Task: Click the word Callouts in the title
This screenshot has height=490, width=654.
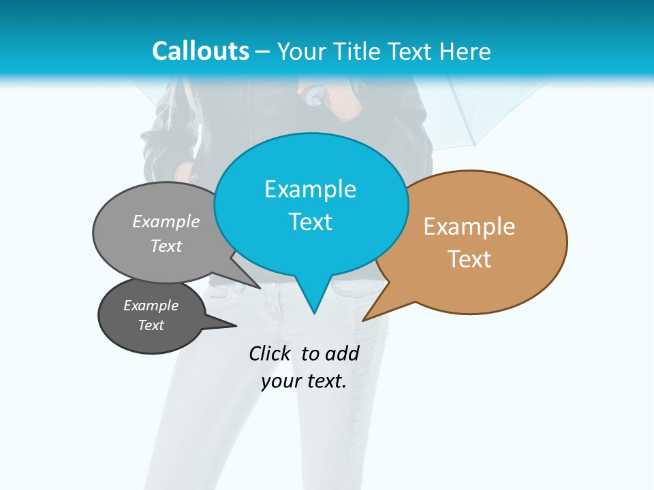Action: click(x=200, y=51)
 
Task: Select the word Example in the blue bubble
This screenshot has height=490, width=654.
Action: click(x=310, y=189)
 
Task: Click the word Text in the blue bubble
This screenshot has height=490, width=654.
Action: click(x=310, y=222)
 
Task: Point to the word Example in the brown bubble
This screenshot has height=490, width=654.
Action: click(x=469, y=227)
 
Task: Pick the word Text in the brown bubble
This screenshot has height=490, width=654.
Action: click(x=469, y=259)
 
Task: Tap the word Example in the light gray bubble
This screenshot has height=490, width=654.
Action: click(x=166, y=221)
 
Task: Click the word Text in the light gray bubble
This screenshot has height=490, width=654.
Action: click(x=166, y=246)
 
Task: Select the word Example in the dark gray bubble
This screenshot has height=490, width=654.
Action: click(x=151, y=306)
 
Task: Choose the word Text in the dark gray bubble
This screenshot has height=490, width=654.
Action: click(x=151, y=325)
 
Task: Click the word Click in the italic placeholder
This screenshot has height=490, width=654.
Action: click(x=269, y=353)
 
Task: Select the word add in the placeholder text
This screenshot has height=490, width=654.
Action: click(x=342, y=353)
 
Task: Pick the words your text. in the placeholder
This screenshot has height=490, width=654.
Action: click(x=304, y=381)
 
